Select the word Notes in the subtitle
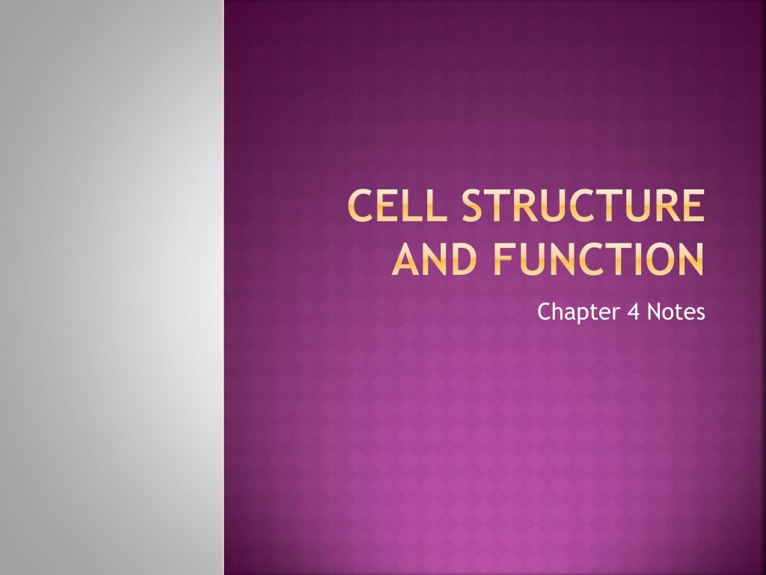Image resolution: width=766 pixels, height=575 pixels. [676, 311]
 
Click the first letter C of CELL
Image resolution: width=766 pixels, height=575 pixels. [362, 207]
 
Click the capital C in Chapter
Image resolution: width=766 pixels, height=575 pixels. [544, 311]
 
